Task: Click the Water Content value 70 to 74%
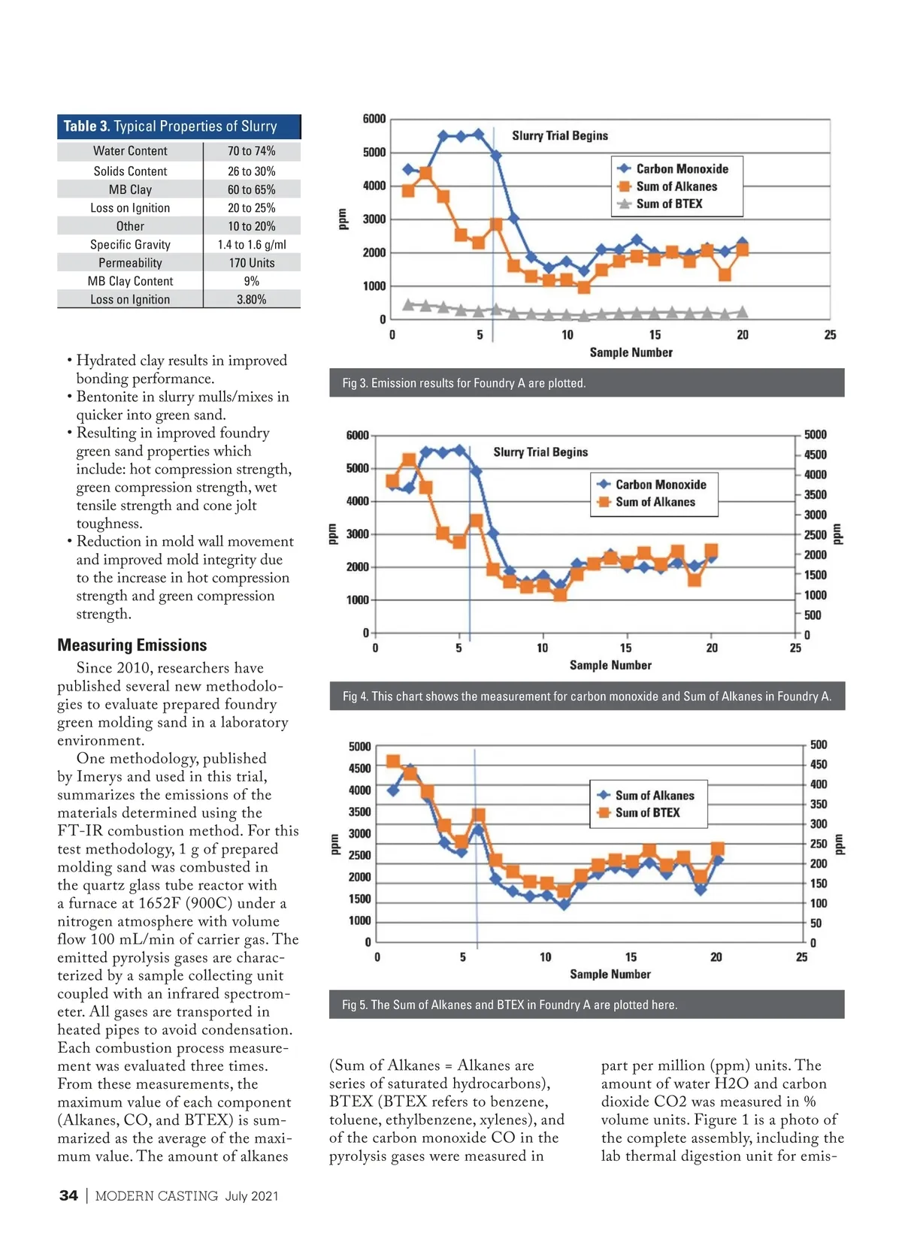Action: coord(251,151)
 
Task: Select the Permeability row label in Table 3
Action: coord(130,263)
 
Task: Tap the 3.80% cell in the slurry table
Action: coord(251,300)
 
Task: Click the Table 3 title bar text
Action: coord(170,126)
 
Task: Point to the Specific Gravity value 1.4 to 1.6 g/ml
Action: coord(251,245)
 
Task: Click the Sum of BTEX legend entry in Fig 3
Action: coord(669,204)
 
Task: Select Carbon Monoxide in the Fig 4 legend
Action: coord(660,485)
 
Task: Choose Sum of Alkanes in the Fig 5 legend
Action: coord(654,795)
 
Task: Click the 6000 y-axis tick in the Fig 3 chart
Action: coord(374,119)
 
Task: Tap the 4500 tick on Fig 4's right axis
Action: coord(815,455)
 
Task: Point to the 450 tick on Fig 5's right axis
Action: coord(818,764)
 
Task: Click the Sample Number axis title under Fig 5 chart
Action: coord(610,974)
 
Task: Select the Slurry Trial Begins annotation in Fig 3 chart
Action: coord(560,135)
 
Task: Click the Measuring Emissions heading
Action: coord(132,645)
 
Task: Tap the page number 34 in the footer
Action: coord(68,1195)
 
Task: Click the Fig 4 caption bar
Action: coord(586,697)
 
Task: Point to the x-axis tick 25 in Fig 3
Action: coord(830,335)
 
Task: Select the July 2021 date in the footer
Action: coord(251,1195)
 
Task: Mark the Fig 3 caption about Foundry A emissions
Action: coord(464,383)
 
